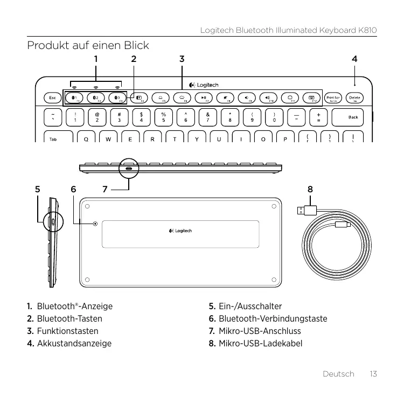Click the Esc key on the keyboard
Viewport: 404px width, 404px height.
tap(52, 98)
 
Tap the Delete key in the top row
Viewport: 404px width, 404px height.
tap(354, 98)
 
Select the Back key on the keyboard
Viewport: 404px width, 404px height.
tap(353, 117)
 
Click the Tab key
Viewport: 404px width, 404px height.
tap(53, 138)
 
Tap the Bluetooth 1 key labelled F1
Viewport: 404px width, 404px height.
tap(74, 98)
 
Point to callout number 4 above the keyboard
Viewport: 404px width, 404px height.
tap(354, 58)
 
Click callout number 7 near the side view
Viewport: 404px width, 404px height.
tap(106, 189)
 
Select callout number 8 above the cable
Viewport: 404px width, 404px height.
tap(310, 189)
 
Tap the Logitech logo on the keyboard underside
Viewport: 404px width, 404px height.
tap(180, 231)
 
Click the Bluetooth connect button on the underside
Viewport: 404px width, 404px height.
tap(95, 224)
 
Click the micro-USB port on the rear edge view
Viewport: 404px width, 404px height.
tap(128, 169)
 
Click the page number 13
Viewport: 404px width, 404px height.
tap(372, 374)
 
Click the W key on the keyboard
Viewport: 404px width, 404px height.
tap(109, 138)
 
